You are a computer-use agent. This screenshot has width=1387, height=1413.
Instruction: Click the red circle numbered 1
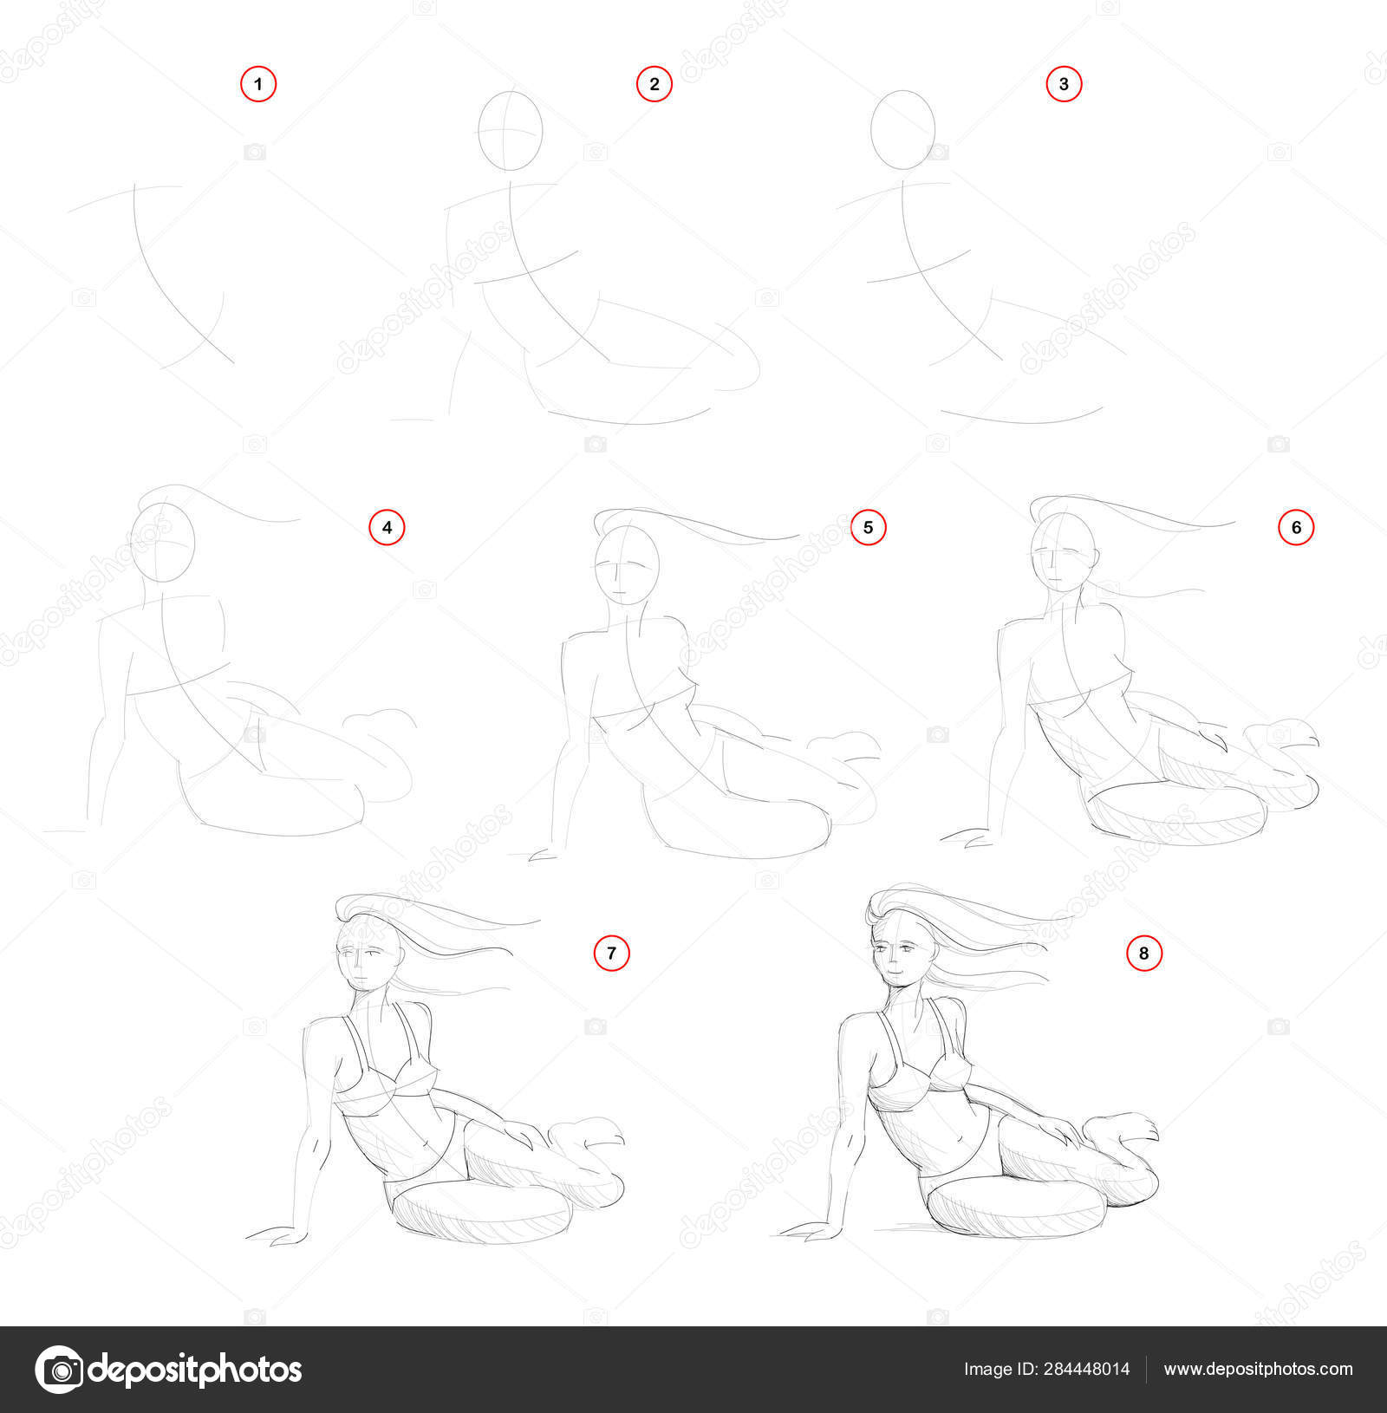[258, 85]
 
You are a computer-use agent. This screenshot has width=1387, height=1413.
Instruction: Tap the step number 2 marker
[654, 84]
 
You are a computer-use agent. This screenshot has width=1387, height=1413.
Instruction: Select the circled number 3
[1065, 84]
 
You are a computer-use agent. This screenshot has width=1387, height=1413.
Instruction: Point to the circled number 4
[387, 527]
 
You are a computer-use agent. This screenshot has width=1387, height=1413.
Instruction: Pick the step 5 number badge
[869, 527]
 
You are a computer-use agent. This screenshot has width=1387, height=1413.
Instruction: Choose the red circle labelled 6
[1297, 527]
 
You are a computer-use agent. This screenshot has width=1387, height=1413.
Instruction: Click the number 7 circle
[611, 954]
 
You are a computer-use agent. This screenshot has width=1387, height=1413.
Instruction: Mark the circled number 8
[1144, 954]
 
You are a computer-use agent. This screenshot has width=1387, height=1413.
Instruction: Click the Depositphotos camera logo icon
[59, 1370]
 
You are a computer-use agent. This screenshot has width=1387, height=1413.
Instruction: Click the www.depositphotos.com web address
[1258, 1370]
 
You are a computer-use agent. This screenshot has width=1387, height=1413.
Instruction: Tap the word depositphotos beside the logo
[196, 1370]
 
